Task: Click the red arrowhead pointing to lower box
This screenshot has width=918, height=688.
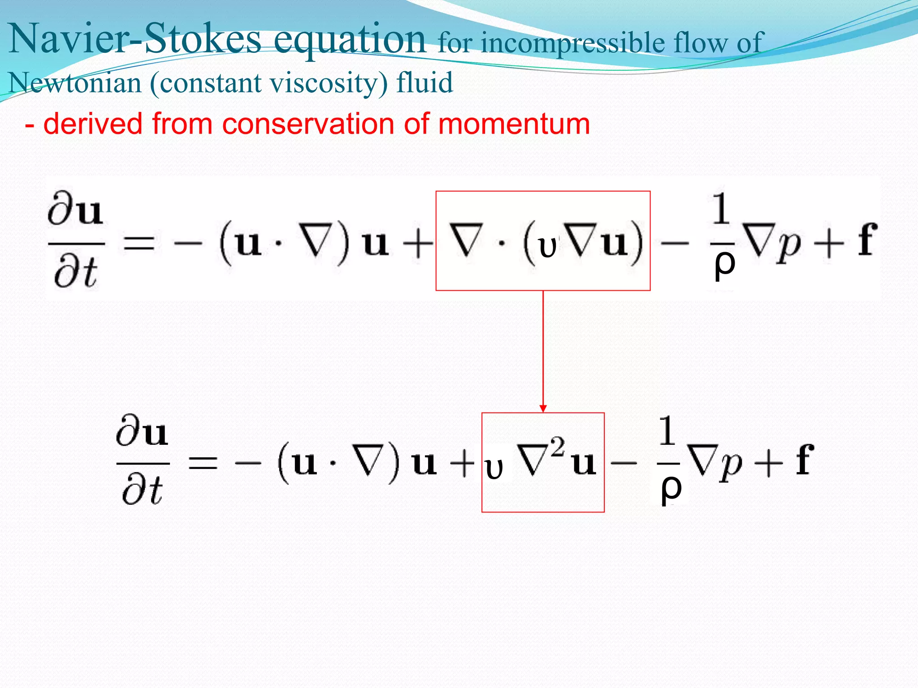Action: click(x=543, y=408)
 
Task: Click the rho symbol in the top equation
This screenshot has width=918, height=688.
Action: click(x=724, y=265)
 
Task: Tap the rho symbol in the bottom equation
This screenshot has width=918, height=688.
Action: click(x=671, y=489)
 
